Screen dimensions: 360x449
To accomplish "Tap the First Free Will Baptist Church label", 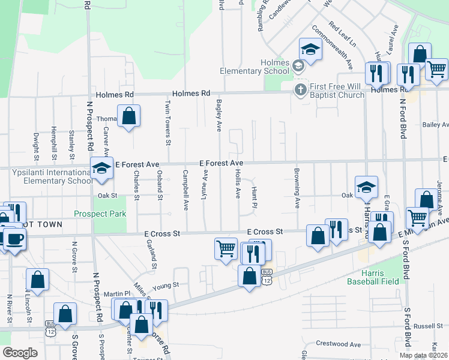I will click(x=337, y=91).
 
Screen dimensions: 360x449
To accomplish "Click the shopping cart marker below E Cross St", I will click(x=226, y=248).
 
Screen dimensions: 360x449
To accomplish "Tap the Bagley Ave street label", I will click(x=220, y=116).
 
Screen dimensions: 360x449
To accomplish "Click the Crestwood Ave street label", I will click(x=339, y=344).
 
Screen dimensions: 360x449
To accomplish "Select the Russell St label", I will click(x=427, y=326).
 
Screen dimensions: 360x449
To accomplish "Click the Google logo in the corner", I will click(x=19, y=353).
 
